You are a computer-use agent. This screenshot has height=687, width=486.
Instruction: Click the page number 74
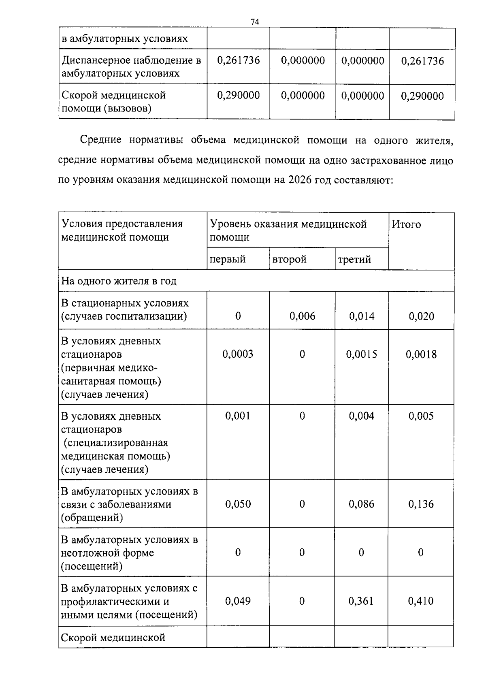point(255,22)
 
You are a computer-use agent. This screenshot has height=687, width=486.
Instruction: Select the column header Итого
point(406,224)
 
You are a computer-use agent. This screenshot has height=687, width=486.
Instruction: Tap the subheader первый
point(228,259)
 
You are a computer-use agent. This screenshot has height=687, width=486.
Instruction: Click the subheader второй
point(290,259)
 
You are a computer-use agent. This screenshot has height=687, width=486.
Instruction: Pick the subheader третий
point(354,259)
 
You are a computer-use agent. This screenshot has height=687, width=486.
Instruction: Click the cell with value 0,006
point(302,316)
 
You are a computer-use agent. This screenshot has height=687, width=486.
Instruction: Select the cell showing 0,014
point(362,316)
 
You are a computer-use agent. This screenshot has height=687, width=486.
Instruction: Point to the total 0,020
point(421,316)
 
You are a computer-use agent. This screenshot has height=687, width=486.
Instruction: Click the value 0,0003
point(238,354)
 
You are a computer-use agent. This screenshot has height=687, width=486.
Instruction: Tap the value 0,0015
point(361,354)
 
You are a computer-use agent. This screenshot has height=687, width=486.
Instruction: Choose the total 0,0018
point(421,354)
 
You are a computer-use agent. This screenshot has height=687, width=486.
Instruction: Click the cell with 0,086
point(362,504)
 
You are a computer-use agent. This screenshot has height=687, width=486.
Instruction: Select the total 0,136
point(421,504)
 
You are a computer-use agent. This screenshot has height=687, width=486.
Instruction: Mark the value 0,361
point(361,601)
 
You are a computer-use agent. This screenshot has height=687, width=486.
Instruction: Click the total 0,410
point(421,601)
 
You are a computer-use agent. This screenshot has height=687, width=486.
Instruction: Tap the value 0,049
point(238,601)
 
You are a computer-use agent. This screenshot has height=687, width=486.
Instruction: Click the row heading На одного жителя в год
point(119,281)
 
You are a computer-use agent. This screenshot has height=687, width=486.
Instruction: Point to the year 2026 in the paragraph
point(300,180)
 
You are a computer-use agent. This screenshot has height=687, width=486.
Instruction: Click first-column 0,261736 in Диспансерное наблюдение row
point(239,60)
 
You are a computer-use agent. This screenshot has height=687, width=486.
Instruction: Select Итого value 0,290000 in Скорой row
point(422,96)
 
